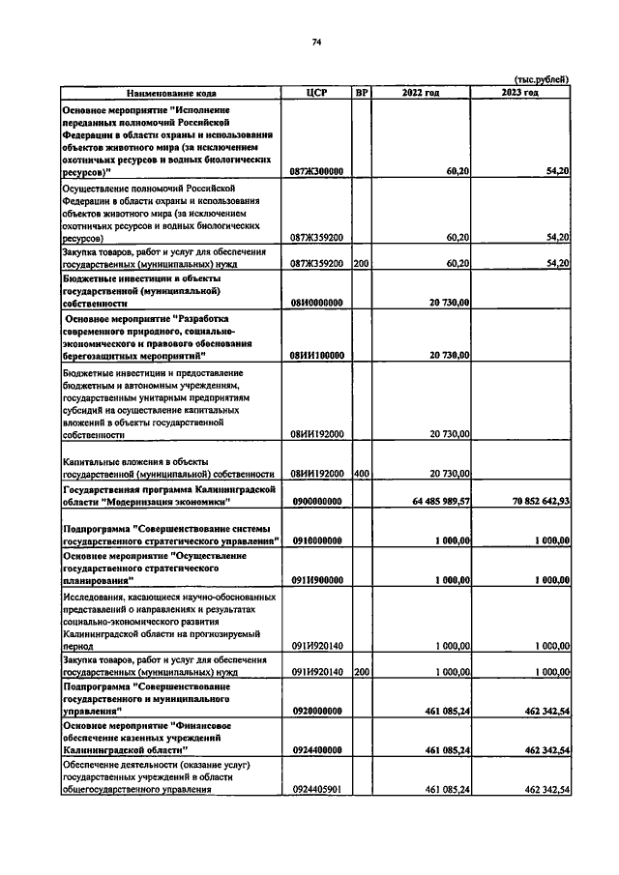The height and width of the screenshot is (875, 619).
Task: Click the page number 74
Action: (315, 41)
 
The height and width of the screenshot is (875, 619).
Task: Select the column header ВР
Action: (361, 93)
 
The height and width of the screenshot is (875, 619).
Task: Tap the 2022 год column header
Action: (421, 93)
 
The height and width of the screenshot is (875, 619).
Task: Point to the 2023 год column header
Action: (520, 93)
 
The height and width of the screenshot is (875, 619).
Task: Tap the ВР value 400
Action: (361, 475)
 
